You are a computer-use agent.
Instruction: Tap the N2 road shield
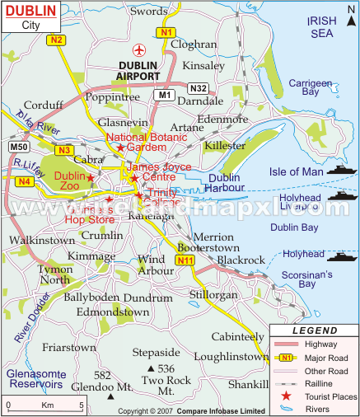[x=56, y=40]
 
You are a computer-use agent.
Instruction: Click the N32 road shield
[x=199, y=88]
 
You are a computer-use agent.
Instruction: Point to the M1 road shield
[x=162, y=96]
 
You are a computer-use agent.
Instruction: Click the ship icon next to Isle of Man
[x=340, y=171]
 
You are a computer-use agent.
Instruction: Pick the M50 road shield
[x=19, y=147]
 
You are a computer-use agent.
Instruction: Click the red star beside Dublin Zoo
[x=91, y=177]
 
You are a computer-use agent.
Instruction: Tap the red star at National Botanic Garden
[x=120, y=148]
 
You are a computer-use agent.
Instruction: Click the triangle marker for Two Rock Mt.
[x=150, y=368]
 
